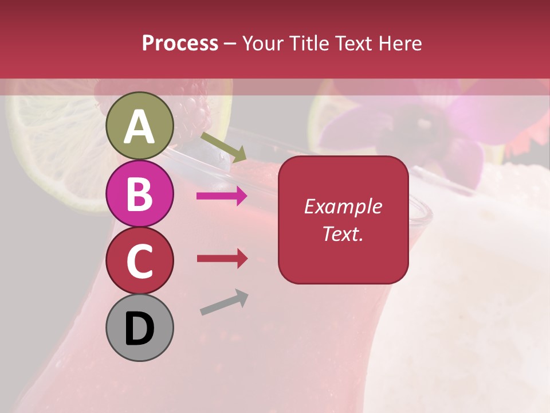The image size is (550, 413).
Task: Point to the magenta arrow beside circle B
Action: [x=222, y=196]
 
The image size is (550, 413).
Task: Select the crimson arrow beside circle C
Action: [x=222, y=259]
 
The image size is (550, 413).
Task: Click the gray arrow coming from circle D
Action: [x=224, y=302]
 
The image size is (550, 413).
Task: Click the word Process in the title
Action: [x=180, y=44]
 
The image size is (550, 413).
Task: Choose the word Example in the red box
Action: [x=343, y=206]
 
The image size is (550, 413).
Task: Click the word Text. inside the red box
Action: [x=343, y=234]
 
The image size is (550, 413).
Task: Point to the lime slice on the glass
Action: [x=52, y=155]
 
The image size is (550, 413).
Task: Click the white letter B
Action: [x=139, y=194]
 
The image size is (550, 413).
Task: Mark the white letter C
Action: [x=139, y=262]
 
